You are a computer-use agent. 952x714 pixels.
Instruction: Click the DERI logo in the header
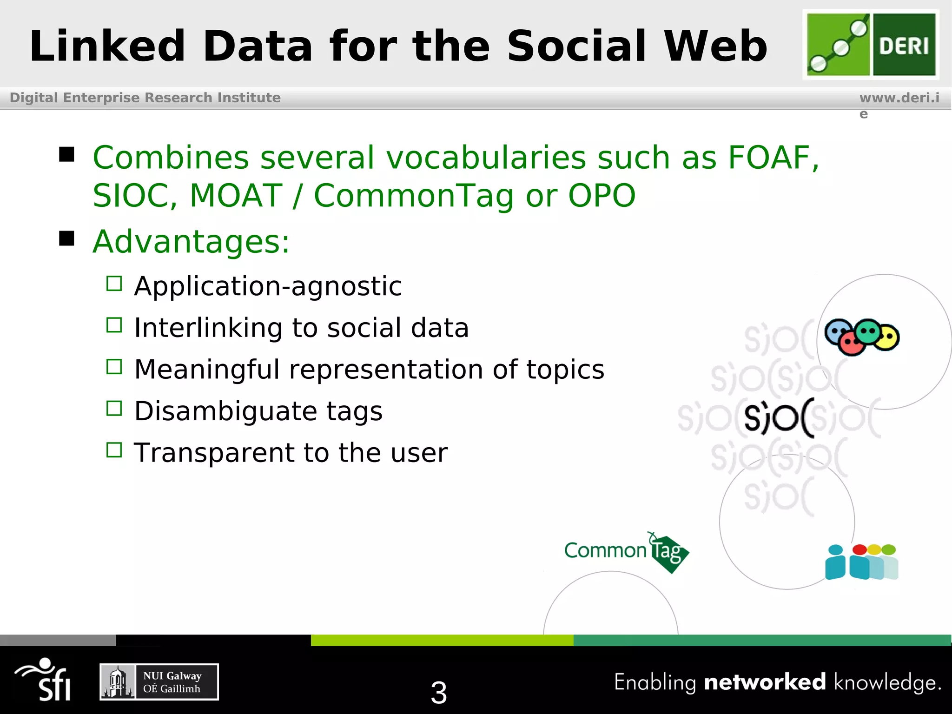click(871, 45)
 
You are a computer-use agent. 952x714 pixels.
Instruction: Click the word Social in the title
click(576, 46)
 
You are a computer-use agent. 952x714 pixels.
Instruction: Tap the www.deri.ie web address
click(899, 99)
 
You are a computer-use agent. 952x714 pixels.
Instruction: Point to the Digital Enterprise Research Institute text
click(145, 98)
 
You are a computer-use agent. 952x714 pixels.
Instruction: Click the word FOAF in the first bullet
click(769, 158)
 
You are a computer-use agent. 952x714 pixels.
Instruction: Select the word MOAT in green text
click(236, 195)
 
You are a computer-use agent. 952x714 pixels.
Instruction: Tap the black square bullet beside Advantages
click(67, 238)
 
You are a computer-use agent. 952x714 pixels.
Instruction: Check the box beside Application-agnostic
click(114, 284)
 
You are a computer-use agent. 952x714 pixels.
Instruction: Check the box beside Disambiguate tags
click(114, 409)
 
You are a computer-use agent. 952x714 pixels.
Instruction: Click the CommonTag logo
click(626, 552)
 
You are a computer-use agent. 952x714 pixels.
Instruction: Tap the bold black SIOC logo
click(779, 417)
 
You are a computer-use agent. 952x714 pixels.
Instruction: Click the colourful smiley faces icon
click(861, 337)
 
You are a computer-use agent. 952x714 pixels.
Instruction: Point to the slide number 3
click(439, 692)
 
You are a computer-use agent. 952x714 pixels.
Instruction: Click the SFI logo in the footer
click(45, 680)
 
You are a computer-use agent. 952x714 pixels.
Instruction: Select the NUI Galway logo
click(159, 682)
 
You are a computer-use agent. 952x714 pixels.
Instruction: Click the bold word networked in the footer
click(765, 682)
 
